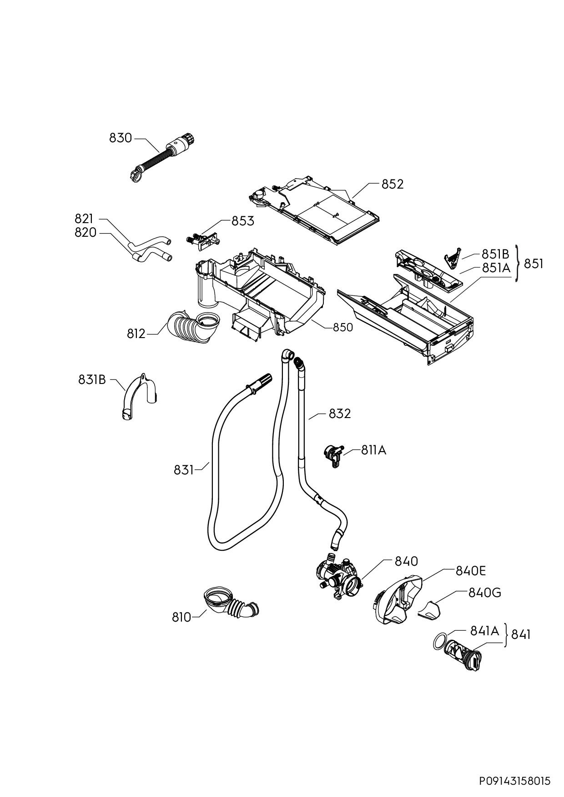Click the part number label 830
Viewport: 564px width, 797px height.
pos(121,138)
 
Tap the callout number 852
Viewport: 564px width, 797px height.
pos(392,184)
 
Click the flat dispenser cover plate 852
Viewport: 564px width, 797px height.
pos(313,209)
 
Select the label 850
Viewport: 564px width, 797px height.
pos(342,327)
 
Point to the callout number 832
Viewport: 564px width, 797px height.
pos(340,413)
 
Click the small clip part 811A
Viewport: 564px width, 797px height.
pos(333,455)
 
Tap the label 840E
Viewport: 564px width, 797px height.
pos(471,571)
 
